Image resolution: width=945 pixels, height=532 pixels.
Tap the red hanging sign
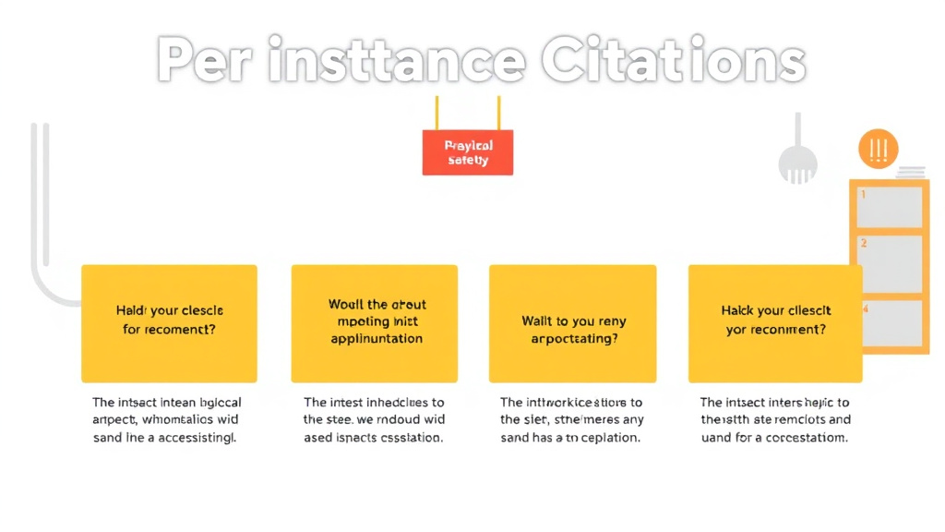coord(467,152)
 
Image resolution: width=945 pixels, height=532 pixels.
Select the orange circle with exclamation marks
coord(878,149)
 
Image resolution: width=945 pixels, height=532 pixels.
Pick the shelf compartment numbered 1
coord(890,207)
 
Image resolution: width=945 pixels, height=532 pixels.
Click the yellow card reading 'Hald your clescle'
coord(169,323)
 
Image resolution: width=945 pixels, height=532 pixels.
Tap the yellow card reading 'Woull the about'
coord(374,323)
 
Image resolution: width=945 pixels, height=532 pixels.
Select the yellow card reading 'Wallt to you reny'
coord(572,323)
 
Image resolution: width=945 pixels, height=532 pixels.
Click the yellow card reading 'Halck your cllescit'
coord(775,323)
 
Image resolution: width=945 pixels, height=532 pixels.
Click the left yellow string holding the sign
coord(437,113)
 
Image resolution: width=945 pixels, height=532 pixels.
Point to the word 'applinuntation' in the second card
coord(377,339)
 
